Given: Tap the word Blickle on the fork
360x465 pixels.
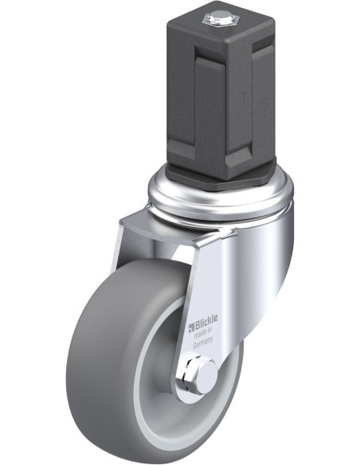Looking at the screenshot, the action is [206, 321].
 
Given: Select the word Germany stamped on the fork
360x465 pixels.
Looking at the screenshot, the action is [203, 343].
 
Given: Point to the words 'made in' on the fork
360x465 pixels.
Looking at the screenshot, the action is [203, 333].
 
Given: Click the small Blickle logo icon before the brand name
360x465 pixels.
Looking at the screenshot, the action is [191, 327].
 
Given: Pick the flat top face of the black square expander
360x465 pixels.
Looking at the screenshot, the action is [221, 21].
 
